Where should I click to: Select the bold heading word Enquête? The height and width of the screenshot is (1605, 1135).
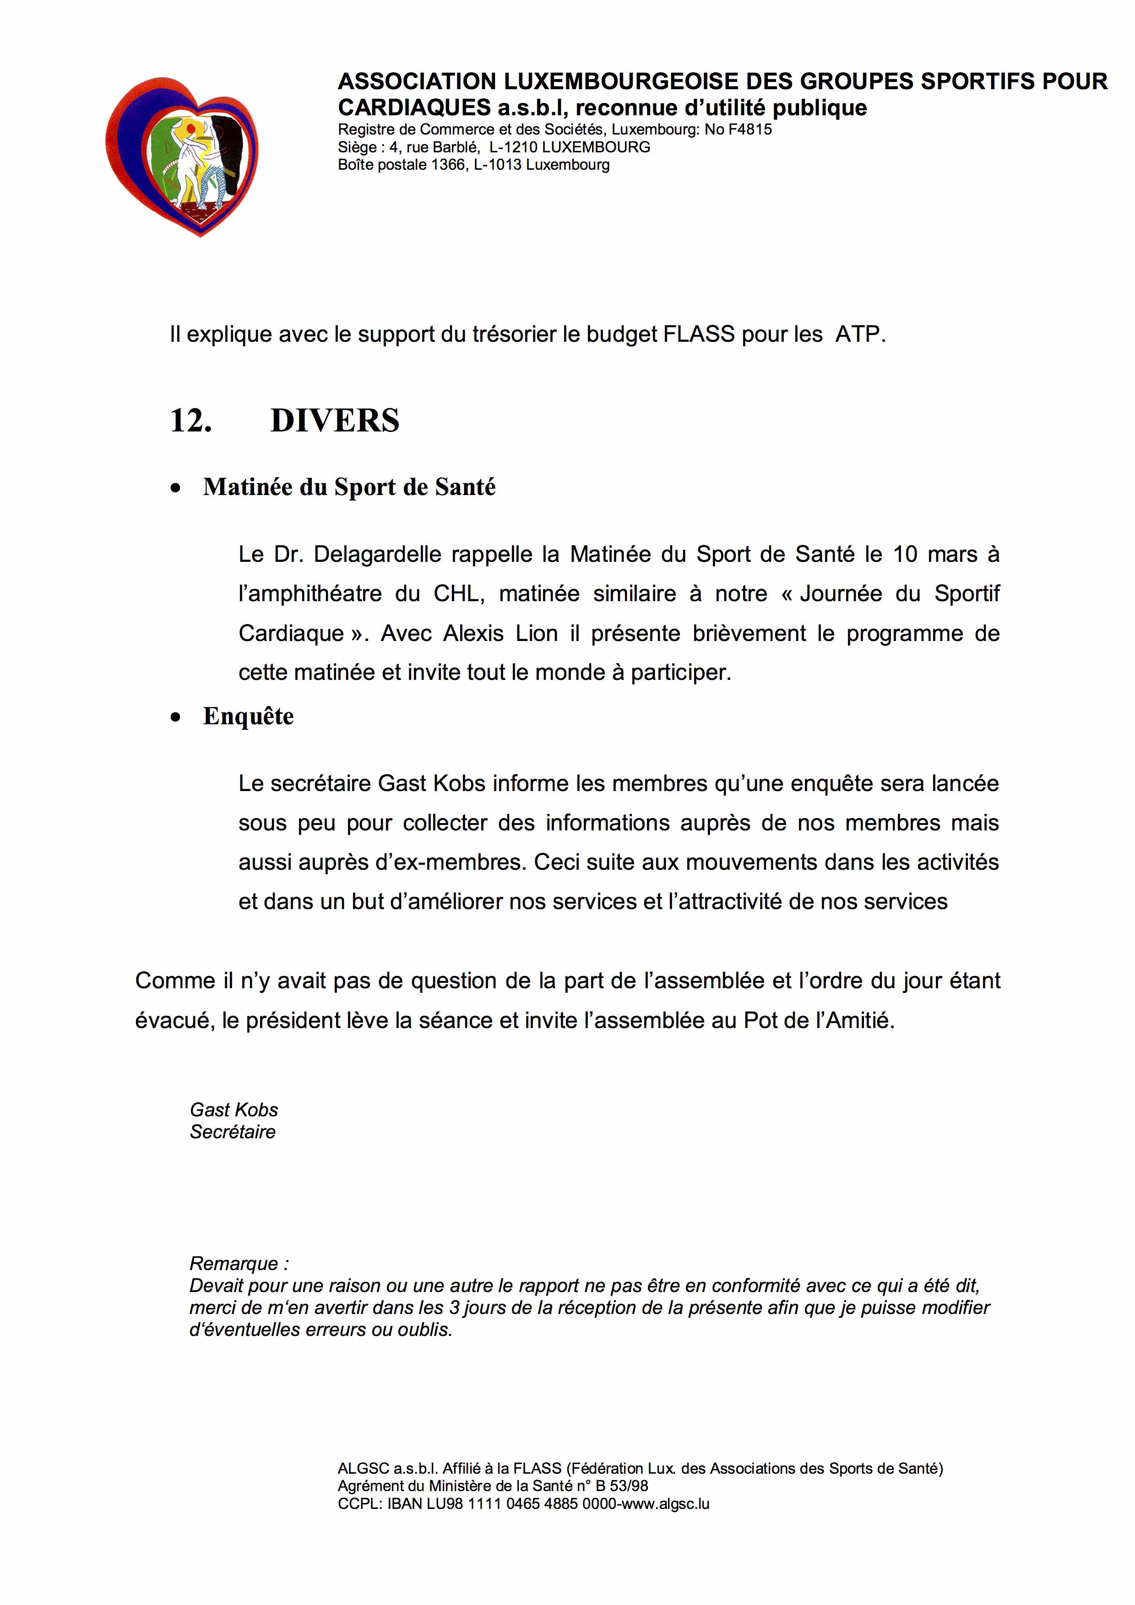[248, 716]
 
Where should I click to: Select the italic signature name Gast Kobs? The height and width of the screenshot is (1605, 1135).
[234, 1110]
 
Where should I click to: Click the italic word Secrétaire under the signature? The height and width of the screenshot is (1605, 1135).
[232, 1132]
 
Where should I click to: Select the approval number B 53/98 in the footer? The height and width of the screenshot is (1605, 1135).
[621, 1486]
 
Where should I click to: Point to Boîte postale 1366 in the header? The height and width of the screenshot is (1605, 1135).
[402, 165]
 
